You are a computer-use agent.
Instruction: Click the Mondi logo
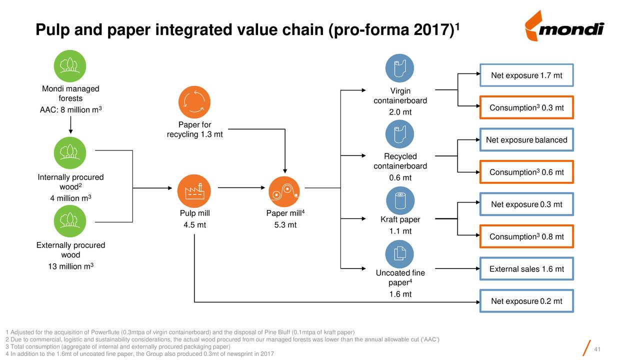564,26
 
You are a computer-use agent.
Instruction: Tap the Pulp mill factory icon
194,191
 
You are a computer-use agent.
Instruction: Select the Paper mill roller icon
284,191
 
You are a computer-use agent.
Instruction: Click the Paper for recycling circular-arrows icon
194,102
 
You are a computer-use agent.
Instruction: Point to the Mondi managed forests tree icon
70,66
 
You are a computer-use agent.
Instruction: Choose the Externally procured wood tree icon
70,221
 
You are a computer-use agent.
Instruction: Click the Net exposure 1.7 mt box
526,75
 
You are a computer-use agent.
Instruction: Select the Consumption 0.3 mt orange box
526,107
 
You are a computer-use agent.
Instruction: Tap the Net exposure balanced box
526,139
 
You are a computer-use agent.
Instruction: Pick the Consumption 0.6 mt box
526,172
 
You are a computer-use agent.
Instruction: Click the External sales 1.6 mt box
526,269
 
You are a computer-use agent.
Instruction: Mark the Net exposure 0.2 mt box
526,301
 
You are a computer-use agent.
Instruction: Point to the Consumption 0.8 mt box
526,236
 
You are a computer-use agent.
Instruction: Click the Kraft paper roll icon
400,200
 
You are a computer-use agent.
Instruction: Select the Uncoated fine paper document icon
399,254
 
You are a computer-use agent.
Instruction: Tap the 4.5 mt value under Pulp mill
194,225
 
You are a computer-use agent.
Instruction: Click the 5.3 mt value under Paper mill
285,225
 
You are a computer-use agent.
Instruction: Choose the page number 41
597,349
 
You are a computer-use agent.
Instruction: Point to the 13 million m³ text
70,266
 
